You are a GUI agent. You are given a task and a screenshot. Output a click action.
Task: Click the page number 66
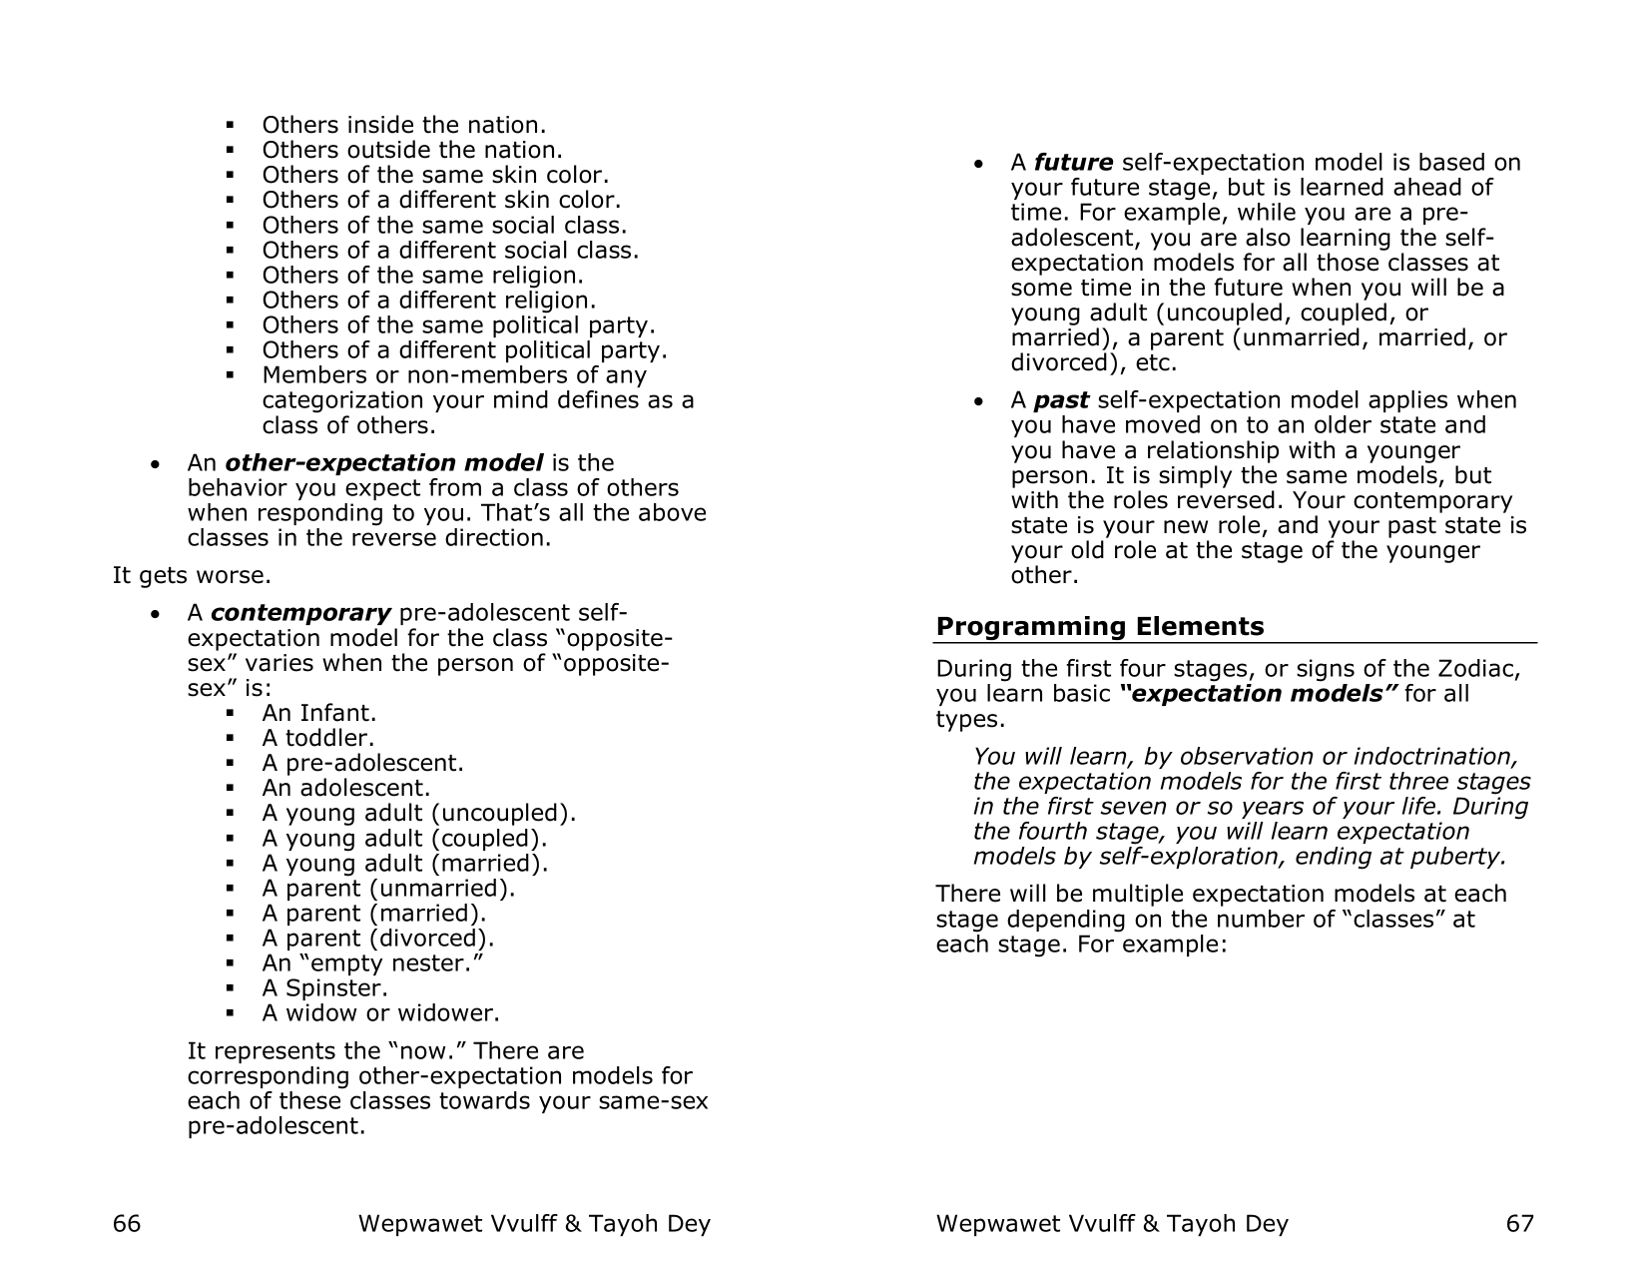(126, 1224)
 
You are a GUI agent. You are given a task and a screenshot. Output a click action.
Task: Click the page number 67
(1519, 1224)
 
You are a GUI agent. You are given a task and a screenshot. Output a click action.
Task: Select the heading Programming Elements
(1099, 627)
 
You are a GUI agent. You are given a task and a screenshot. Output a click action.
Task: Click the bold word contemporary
(299, 613)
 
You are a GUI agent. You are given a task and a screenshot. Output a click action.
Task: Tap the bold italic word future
(1073, 163)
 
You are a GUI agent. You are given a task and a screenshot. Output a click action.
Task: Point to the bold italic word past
(1060, 400)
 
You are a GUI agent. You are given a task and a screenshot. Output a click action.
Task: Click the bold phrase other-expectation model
(384, 463)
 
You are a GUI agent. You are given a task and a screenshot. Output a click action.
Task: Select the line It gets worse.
(191, 576)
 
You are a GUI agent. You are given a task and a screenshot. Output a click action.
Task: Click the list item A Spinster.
(324, 988)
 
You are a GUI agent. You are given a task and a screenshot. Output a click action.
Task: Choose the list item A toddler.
(317, 739)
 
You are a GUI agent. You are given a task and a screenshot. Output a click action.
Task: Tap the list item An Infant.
(318, 714)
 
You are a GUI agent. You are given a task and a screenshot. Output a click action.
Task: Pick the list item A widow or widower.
(380, 1013)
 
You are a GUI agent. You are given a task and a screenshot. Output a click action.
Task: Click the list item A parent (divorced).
(377, 939)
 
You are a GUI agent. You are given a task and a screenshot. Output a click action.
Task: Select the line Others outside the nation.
(411, 151)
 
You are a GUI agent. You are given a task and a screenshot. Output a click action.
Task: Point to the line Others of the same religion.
(422, 276)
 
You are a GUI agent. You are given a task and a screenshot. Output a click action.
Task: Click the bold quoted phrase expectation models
(1258, 694)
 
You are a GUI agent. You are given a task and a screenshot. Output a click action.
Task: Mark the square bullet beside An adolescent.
(230, 789)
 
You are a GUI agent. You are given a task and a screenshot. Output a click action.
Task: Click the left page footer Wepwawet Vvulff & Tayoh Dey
(534, 1224)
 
